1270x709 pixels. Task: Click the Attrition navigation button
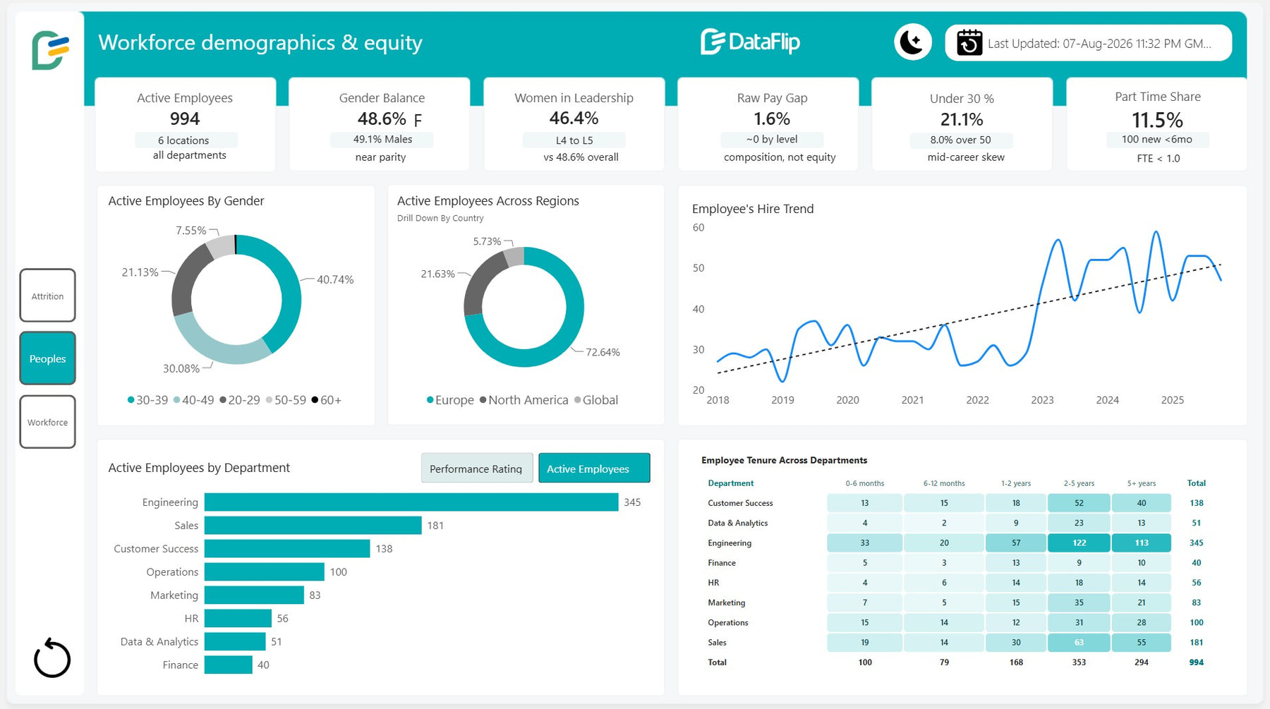tap(47, 296)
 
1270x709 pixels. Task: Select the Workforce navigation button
tap(47, 422)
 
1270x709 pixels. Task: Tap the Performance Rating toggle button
tap(476, 468)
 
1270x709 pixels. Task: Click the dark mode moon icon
tap(912, 42)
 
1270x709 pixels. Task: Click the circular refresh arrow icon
tap(52, 658)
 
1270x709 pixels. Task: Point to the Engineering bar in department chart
tap(411, 502)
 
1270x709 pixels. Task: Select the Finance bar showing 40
tap(229, 665)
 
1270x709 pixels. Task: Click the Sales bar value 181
tap(435, 526)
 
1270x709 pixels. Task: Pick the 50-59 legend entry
tap(286, 400)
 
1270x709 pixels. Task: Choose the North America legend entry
tap(524, 400)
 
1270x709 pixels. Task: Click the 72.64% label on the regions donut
tap(603, 352)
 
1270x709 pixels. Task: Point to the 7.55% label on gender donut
tap(190, 231)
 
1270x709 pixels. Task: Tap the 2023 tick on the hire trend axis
tap(1042, 400)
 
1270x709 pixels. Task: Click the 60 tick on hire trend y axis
tap(698, 227)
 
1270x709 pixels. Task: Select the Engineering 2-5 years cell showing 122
tap(1079, 543)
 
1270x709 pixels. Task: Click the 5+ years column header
tap(1141, 483)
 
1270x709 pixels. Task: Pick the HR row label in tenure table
tap(713, 583)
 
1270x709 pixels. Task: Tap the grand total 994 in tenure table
tap(1196, 662)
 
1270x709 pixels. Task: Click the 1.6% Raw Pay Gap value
tap(772, 119)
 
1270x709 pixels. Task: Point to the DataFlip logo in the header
tap(750, 42)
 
